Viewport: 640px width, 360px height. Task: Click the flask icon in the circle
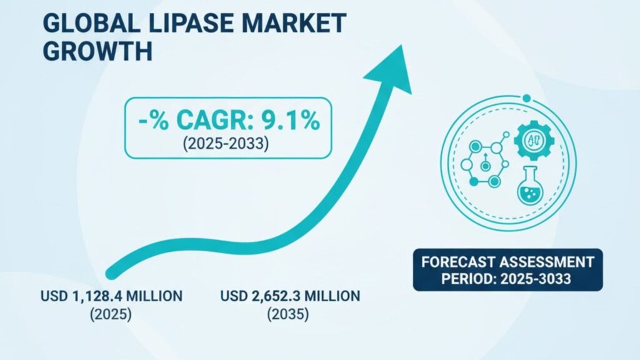tap(529, 189)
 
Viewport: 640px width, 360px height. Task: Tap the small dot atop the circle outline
tap(527, 98)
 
